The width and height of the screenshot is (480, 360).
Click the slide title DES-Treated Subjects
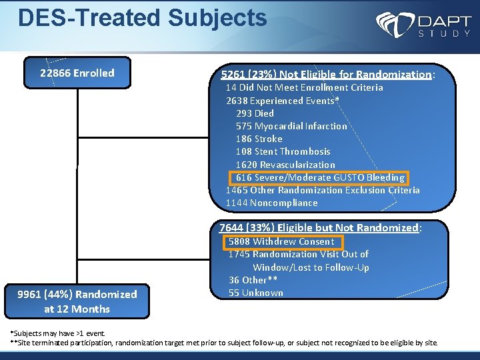pos(142,18)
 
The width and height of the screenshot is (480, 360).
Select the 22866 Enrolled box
pos(77,73)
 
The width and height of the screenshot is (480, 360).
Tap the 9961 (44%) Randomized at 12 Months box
pos(77,301)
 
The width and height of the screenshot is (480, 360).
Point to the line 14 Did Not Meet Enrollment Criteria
pos(304,87)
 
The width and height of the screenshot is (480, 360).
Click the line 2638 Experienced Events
pos(283,101)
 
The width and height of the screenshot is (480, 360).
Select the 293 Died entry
pos(255,113)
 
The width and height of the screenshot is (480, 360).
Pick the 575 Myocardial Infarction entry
pos(291,126)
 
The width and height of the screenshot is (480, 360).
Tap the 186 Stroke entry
pos(259,139)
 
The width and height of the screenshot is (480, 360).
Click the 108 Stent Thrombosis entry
pos(283,151)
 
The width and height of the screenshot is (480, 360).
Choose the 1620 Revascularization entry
pos(285,165)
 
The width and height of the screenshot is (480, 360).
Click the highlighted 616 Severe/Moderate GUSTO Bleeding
pos(319,177)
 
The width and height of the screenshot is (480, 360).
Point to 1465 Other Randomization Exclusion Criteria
pos(323,190)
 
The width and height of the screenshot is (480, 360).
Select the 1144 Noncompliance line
pos(271,203)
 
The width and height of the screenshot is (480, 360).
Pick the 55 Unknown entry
pos(255,293)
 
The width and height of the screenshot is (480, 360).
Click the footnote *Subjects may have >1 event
pos(57,332)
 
